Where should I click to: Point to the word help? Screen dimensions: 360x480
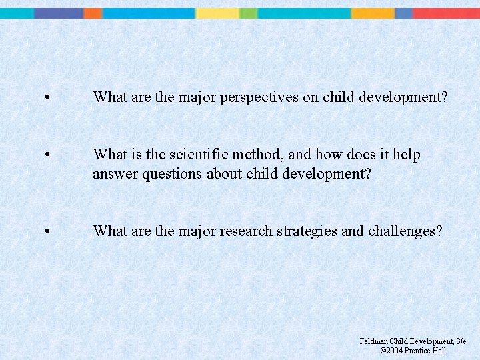407,155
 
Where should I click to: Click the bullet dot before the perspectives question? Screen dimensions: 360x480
46,98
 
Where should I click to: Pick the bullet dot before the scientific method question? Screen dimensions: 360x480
46,155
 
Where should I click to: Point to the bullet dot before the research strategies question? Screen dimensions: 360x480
46,232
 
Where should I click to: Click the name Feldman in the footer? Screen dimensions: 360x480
375,341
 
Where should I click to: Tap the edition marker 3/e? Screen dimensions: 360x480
461,341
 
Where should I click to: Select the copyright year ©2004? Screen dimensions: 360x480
391,351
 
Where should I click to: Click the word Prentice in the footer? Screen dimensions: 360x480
419,351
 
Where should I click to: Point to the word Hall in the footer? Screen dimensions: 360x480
439,351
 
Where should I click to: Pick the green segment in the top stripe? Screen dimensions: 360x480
248,13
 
